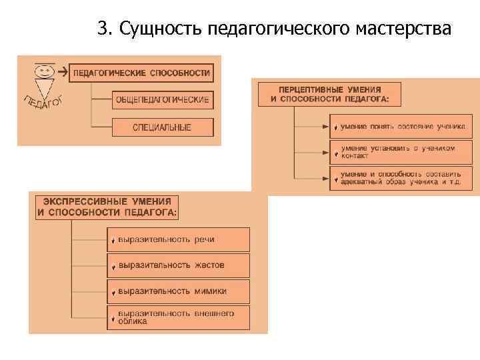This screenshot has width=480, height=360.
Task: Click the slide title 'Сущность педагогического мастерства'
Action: point(274,29)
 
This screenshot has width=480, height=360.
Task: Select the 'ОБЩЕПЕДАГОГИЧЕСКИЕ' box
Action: point(163,100)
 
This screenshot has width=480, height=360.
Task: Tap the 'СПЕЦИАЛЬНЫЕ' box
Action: point(163,127)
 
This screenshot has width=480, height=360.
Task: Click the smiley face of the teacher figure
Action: point(45,70)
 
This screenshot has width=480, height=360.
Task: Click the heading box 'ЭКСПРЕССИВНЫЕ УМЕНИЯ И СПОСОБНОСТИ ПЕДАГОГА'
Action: point(107,207)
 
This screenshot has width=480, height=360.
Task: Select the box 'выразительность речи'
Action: point(178,239)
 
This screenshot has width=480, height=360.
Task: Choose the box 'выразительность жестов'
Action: point(178,265)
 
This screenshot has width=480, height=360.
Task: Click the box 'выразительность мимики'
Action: point(178,291)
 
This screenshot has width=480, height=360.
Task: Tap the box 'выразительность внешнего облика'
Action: point(178,317)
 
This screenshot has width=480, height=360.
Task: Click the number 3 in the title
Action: point(101,29)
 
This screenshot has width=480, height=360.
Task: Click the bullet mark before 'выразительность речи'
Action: point(114,241)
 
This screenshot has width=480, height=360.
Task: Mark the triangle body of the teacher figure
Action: point(45,88)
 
